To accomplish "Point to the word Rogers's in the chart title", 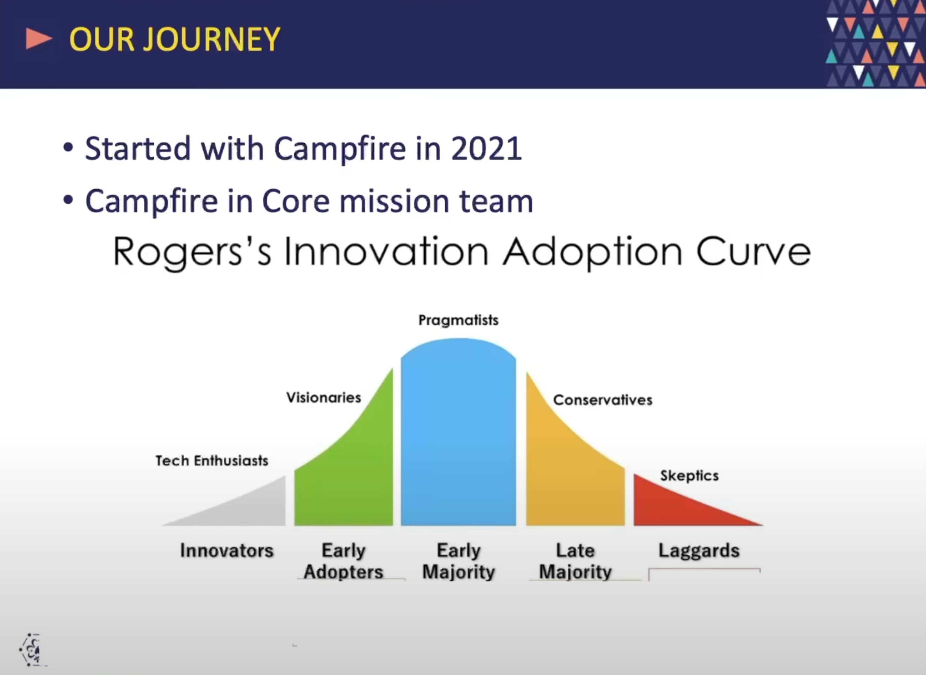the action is [192, 252].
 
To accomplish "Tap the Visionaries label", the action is [324, 397].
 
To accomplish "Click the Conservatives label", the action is [603, 400].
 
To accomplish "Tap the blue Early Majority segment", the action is [458, 433].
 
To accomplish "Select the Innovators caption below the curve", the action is [227, 551].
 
